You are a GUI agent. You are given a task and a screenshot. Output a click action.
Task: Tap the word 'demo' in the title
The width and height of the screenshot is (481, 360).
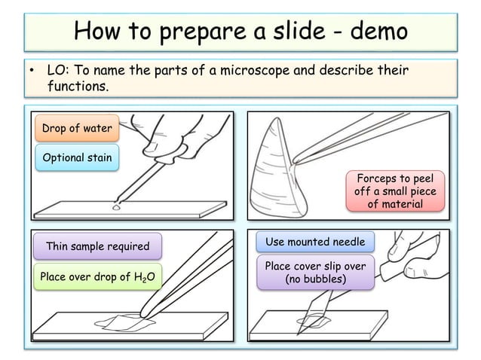pos(376,32)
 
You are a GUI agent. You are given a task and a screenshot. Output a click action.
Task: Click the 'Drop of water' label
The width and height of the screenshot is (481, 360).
pos(76,129)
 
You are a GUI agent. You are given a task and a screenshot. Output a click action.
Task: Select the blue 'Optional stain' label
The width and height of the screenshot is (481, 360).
pos(77,158)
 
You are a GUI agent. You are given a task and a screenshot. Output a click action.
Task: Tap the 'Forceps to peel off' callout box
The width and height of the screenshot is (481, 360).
pos(395,191)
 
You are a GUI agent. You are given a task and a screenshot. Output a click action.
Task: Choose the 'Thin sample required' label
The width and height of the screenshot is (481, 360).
pos(98,246)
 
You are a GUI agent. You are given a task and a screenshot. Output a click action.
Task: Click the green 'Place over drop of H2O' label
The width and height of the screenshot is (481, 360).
pos(98,277)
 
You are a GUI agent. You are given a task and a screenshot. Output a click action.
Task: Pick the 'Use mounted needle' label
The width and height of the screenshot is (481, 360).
pos(315,242)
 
